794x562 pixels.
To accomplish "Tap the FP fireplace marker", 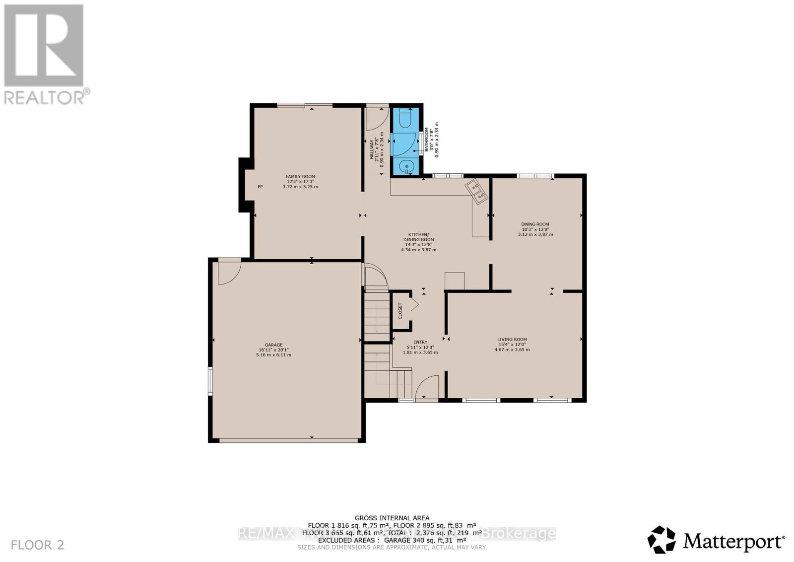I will click(260, 187).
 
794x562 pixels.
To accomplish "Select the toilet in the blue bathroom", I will click(406, 120).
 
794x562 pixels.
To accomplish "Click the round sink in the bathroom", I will click(406, 166).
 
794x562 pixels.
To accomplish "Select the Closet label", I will click(400, 311).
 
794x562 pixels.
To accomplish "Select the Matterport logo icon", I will click(661, 539).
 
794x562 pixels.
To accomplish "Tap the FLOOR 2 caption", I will click(38, 545).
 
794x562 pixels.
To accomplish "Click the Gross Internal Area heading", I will click(392, 518).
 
